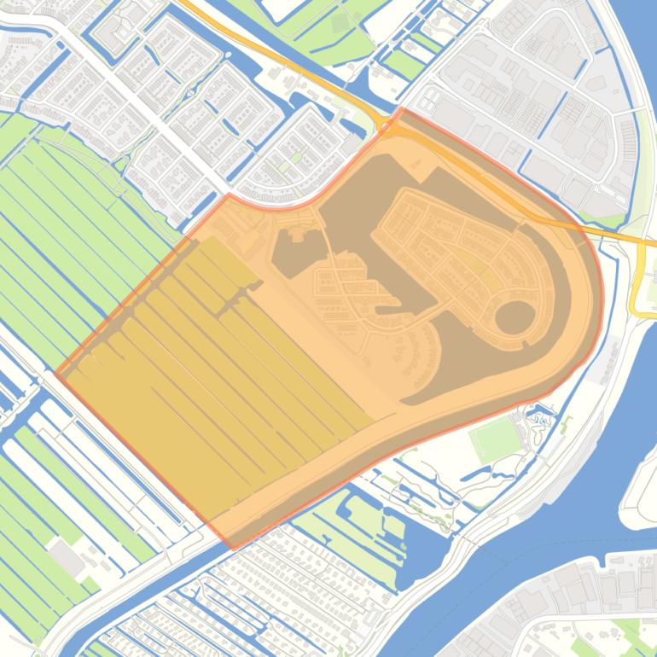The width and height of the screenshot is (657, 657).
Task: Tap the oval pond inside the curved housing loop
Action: (x=515, y=317)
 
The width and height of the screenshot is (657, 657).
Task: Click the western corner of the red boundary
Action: (x=56, y=373)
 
